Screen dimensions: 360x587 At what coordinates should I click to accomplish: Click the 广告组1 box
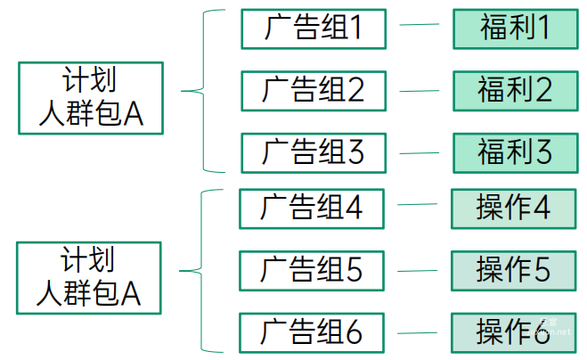[x=314, y=29]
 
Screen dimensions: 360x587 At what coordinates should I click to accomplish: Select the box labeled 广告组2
[x=314, y=90]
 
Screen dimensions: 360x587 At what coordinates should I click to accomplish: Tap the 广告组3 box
[x=314, y=151]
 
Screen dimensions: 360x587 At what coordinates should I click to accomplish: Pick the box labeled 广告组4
[x=312, y=208]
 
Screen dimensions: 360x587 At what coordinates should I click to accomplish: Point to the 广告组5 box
[x=312, y=269]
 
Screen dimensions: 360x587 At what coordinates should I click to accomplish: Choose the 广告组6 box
[x=312, y=331]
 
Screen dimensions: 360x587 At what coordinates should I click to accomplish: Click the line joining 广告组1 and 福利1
[x=420, y=27]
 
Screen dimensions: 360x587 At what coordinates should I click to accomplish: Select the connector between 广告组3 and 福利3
[x=420, y=151]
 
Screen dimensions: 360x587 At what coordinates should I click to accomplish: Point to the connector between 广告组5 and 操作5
[x=418, y=267]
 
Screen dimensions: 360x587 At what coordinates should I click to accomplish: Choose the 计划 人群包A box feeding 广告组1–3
[x=91, y=98]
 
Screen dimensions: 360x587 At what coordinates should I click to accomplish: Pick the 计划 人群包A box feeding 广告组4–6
[x=90, y=277]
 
